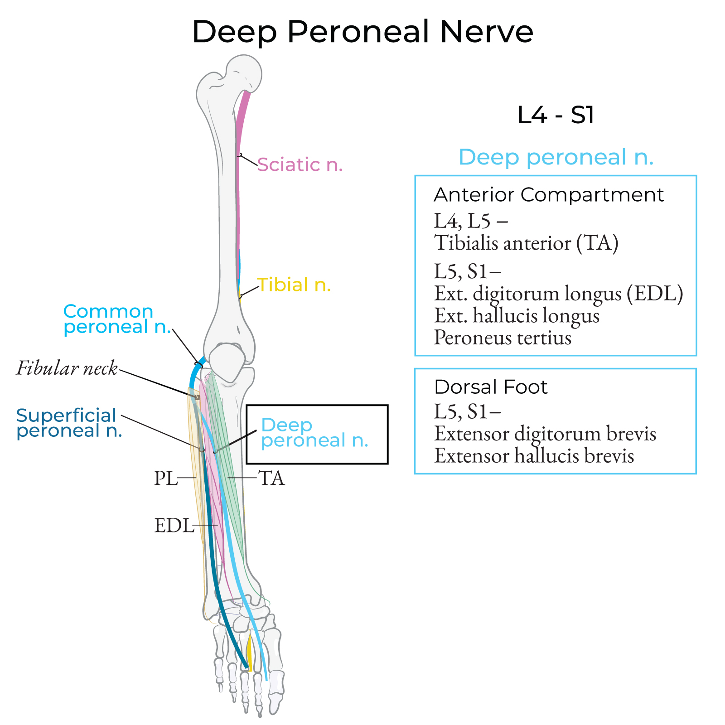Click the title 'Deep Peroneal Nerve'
[362, 32]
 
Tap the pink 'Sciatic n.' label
[300, 164]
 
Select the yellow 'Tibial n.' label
[294, 285]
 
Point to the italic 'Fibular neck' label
[67, 368]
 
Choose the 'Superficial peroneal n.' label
[69, 423]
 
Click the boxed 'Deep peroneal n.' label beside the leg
[314, 433]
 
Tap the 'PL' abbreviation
[165, 478]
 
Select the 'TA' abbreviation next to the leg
[271, 478]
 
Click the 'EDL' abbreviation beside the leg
[174, 526]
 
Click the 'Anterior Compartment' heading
[548, 195]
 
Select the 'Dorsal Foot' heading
[491, 387]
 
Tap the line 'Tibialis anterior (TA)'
[526, 243]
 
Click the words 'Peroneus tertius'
[503, 338]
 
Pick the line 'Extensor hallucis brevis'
[534, 456]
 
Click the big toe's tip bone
[275, 702]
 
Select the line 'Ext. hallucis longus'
[517, 315]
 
